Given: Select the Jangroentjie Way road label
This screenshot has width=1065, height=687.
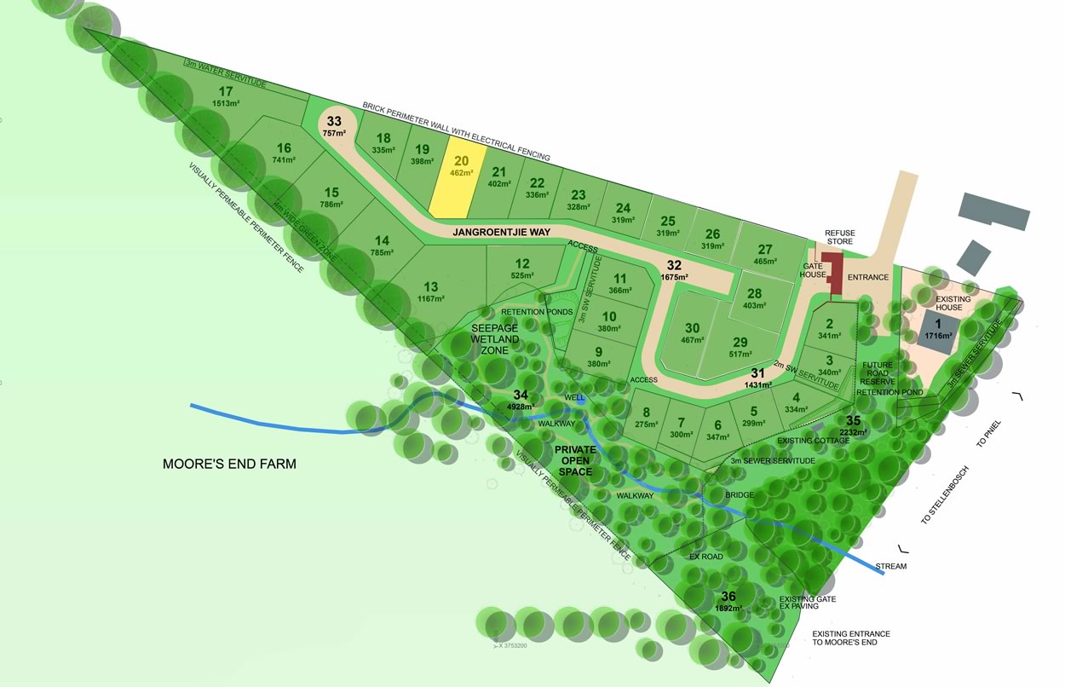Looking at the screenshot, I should [x=501, y=232].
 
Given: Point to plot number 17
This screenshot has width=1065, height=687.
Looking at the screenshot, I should [x=226, y=92].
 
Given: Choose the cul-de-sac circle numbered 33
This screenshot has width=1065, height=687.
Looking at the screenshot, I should [x=334, y=124].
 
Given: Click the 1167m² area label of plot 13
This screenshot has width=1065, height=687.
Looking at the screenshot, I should [x=431, y=298].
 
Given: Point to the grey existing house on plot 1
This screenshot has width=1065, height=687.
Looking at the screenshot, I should [x=935, y=327].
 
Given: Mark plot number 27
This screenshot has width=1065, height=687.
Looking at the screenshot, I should [x=764, y=249].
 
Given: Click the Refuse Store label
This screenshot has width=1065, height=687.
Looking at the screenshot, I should [x=839, y=237].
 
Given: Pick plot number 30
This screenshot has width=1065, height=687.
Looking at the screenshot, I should [x=692, y=328].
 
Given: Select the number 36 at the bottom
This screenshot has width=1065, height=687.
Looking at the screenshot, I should [x=728, y=597].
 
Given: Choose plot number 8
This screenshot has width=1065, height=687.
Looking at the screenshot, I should [x=647, y=413].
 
